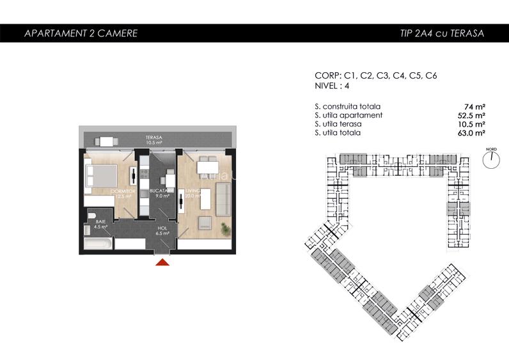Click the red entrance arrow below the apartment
pyautogui.click(x=163, y=260)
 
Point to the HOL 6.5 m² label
pyautogui.click(x=161, y=230)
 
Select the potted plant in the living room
pyautogui.click(x=224, y=228)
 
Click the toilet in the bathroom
pyautogui.click(x=91, y=214)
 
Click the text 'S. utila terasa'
pyautogui.click(x=339, y=124)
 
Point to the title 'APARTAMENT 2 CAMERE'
pyautogui.click(x=80, y=33)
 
